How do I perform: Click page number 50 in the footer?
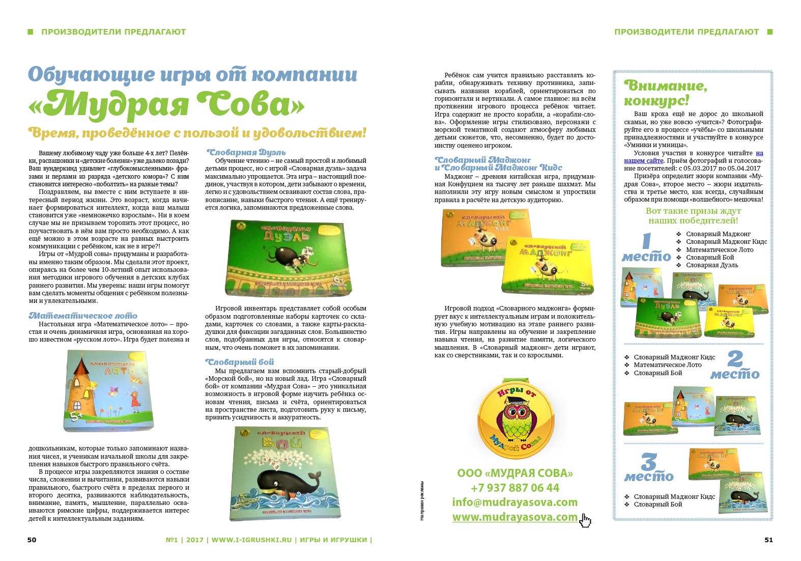pyautogui.click(x=32, y=540)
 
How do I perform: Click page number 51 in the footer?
pyautogui.click(x=768, y=540)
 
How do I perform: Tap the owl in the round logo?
pyautogui.click(x=514, y=414)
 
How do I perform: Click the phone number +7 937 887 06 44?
pyautogui.click(x=514, y=488)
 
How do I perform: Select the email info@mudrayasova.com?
pyautogui.click(x=514, y=502)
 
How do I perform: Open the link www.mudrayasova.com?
pyautogui.click(x=514, y=517)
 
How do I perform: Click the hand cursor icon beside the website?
pyautogui.click(x=586, y=520)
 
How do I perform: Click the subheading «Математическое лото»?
pyautogui.click(x=83, y=316)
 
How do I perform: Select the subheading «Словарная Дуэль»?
pyautogui.click(x=246, y=152)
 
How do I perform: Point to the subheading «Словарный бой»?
pyautogui.click(x=240, y=362)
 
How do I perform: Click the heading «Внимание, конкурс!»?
pyautogui.click(x=665, y=93)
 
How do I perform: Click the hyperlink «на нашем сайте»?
pyautogui.click(x=759, y=153)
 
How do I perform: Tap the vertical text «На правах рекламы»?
pyautogui.click(x=422, y=501)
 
